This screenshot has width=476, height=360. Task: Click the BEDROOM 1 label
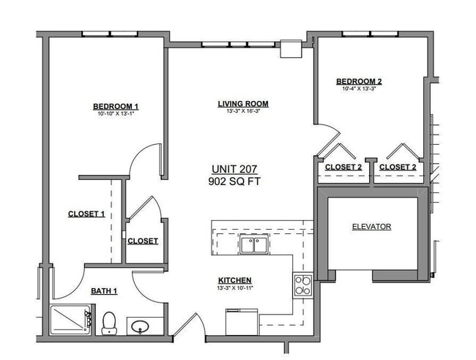pyautogui.click(x=116, y=106)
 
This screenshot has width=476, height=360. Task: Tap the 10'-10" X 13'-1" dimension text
pyautogui.click(x=116, y=114)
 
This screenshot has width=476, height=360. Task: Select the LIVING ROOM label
pyautogui.click(x=242, y=103)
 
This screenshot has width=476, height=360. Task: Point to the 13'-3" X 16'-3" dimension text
pyautogui.click(x=242, y=111)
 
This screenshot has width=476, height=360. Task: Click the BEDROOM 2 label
pyautogui.click(x=359, y=81)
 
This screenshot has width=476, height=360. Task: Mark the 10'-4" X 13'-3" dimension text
pyautogui.click(x=359, y=89)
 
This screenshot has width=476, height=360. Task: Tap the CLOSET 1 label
pyautogui.click(x=86, y=214)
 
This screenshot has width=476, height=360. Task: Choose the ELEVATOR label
pyautogui.click(x=371, y=227)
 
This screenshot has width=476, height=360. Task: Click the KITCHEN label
pyautogui.click(x=235, y=280)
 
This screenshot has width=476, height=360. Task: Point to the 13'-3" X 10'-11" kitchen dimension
pyautogui.click(x=235, y=288)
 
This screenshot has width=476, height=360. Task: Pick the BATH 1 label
pyautogui.click(x=104, y=291)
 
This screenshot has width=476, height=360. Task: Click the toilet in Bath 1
pyautogui.click(x=110, y=322)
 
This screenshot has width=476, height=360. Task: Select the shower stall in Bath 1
pyautogui.click(x=70, y=320)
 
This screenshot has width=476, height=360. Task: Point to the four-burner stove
pyautogui.click(x=302, y=285)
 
